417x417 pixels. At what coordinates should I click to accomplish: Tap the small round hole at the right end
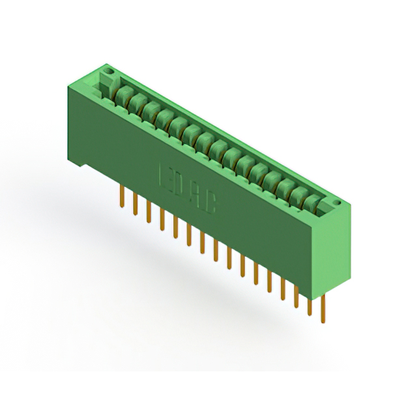click(x=338, y=205)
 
